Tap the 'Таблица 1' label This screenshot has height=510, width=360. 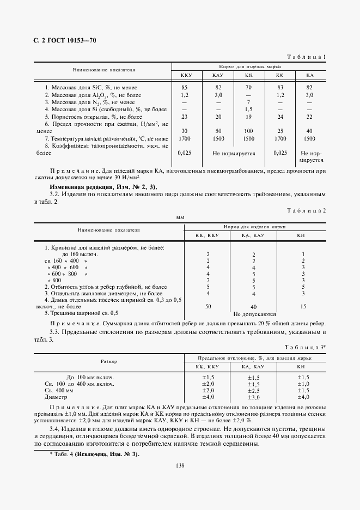click(x=307, y=56)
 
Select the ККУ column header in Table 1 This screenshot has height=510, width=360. click(x=186, y=75)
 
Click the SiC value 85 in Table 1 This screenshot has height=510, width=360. click(x=185, y=87)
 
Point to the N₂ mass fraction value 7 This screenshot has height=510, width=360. click(x=248, y=102)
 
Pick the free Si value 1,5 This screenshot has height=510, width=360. click(x=248, y=110)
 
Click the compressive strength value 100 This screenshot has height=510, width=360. click(x=248, y=131)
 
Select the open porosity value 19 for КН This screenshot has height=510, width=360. click(x=248, y=117)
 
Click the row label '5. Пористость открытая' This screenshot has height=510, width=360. click(x=93, y=117)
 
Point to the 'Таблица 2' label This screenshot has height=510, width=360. click(x=307, y=211)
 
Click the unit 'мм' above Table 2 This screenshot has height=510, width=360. click(x=180, y=217)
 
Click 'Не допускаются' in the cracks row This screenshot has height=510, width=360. click(x=254, y=314)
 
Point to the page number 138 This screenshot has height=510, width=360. click(x=180, y=465)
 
